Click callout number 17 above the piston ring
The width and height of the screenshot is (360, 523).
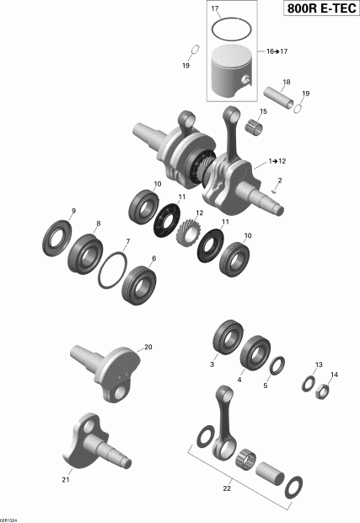215,9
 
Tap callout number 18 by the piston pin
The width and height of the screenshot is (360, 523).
286,82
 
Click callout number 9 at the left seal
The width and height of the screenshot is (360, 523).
73,211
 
